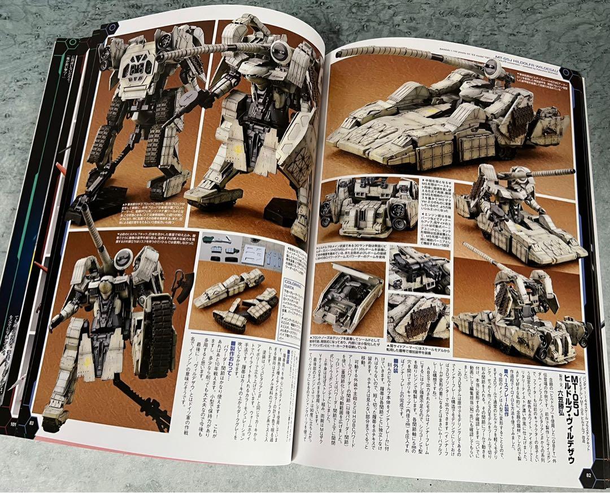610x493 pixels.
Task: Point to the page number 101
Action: tap(13, 424)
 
